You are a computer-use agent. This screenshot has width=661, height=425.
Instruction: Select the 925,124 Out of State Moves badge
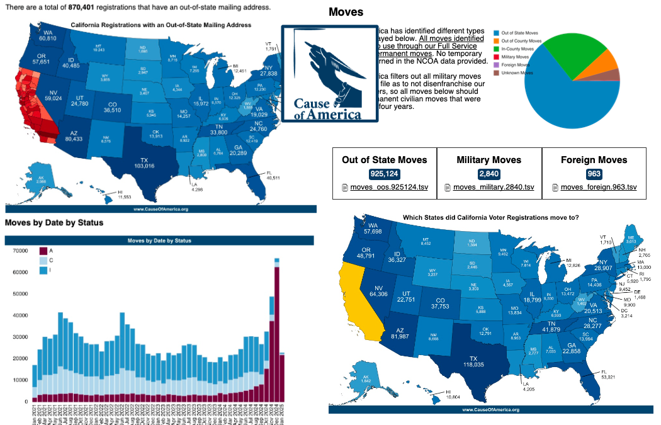(x=383, y=174)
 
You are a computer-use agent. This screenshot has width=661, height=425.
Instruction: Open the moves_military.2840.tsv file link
(x=493, y=187)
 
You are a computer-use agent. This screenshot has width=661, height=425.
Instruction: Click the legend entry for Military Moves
(x=516, y=57)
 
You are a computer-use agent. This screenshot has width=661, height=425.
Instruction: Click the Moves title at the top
(x=346, y=12)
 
